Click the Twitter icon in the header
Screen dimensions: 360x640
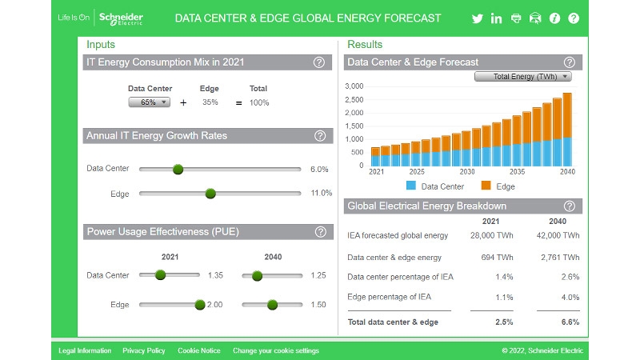(x=478, y=18)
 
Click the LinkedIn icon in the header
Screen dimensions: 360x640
(x=497, y=18)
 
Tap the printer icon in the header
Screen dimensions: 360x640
(x=516, y=18)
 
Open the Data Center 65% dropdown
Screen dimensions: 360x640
(x=150, y=102)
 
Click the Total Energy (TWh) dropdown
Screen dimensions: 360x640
(x=522, y=77)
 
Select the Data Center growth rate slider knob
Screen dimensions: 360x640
(x=178, y=170)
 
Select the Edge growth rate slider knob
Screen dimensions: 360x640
(x=210, y=194)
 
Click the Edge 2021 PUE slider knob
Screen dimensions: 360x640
(x=199, y=304)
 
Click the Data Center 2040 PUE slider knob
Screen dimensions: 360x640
(x=257, y=275)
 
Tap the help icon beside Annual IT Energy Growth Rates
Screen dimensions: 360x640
(x=319, y=136)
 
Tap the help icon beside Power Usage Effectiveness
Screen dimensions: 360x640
(x=320, y=232)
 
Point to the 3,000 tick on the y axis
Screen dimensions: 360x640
(x=353, y=86)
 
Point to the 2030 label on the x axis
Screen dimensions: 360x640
(x=467, y=172)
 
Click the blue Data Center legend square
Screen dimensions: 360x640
(x=411, y=186)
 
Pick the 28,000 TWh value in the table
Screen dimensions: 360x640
(x=491, y=235)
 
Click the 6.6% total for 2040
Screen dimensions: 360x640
(x=569, y=322)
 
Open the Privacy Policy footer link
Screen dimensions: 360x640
(x=144, y=350)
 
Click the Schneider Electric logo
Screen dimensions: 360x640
(x=120, y=18)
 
